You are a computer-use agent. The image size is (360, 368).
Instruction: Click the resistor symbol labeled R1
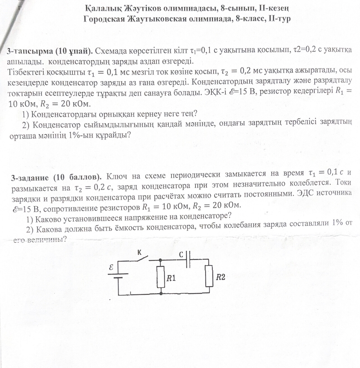(161, 277)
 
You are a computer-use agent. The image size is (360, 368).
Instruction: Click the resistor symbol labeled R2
(209, 276)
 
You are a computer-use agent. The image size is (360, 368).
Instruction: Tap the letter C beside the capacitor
(181, 255)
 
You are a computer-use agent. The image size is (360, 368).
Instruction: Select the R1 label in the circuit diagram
(171, 278)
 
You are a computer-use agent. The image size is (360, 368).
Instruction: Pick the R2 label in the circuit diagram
(221, 277)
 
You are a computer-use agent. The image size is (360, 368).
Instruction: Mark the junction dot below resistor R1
(161, 293)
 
